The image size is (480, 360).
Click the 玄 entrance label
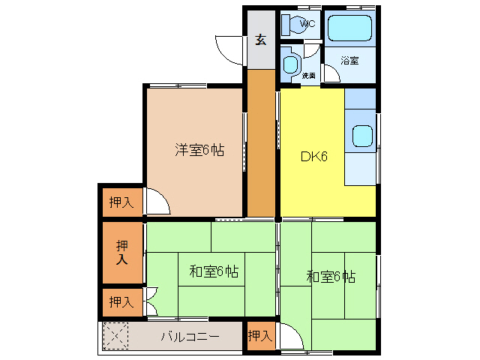pyautogui.click(x=260, y=40)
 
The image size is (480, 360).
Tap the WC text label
pyautogui.click(x=307, y=24)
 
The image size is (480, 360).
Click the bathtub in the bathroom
pyautogui.click(x=351, y=28)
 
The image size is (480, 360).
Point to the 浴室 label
pyautogui.click(x=349, y=60)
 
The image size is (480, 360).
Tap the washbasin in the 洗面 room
pyautogui.click(x=290, y=61)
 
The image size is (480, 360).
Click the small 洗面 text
pyautogui.click(x=308, y=76)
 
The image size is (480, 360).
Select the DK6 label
pyautogui.click(x=313, y=157)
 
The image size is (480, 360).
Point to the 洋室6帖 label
pyautogui.click(x=199, y=150)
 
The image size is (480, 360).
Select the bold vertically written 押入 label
pyautogui.click(x=122, y=252)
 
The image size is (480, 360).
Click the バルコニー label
pyautogui.click(x=190, y=336)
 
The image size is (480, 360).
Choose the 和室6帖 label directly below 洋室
pyautogui.click(x=213, y=271)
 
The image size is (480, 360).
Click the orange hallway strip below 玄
pyautogui.click(x=261, y=142)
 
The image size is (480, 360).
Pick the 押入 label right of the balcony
pyautogui.click(x=259, y=336)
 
